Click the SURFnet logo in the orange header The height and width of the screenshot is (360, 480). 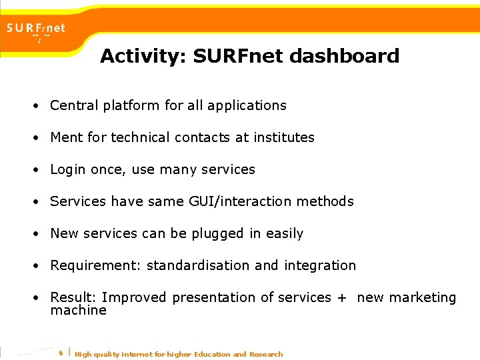click(36, 29)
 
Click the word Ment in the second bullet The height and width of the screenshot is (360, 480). click(67, 137)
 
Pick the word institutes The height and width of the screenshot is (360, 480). click(283, 137)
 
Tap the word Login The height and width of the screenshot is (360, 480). click(68, 169)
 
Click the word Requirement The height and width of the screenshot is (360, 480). click(96, 265)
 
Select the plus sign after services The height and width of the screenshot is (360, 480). click(341, 298)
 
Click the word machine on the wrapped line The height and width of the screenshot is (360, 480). click(78, 310)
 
